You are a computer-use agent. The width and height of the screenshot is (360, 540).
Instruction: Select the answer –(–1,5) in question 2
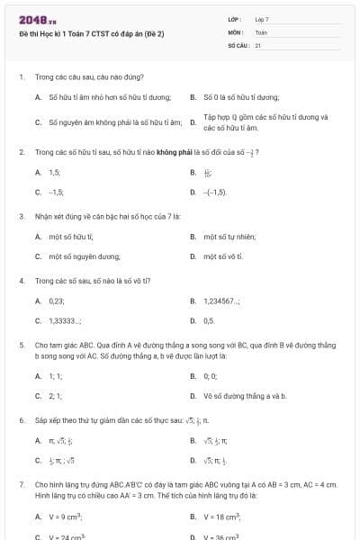(x=216, y=193)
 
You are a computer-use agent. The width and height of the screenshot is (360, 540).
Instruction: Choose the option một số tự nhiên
(x=226, y=237)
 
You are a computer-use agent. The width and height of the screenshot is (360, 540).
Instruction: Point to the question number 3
(x=21, y=217)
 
